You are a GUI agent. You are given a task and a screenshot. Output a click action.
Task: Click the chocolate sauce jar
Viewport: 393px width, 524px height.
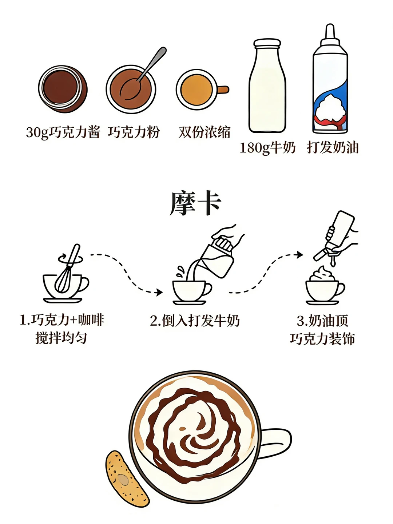[63, 89]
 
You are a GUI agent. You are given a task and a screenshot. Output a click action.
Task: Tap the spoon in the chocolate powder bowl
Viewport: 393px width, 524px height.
[143, 74]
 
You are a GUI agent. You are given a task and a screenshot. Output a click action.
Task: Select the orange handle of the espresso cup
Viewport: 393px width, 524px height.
[223, 90]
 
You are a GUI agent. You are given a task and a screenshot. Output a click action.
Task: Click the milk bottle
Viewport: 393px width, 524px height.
[267, 86]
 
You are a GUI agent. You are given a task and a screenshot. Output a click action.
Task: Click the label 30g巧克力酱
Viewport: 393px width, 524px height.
[63, 132]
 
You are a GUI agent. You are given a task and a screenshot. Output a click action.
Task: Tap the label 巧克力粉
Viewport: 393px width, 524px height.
[134, 132]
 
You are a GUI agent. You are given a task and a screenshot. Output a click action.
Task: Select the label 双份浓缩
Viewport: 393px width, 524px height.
[204, 132]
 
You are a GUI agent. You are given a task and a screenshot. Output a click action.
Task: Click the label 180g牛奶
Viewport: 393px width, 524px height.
[267, 147]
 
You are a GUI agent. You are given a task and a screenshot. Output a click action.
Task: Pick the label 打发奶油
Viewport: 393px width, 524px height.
[332, 147]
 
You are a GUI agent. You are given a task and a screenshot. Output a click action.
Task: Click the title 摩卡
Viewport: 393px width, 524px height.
[195, 203]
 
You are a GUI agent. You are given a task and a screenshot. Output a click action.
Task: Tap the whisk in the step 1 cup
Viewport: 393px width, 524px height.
[67, 269]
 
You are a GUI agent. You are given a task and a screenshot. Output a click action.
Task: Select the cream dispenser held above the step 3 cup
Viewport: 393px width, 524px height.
[334, 235]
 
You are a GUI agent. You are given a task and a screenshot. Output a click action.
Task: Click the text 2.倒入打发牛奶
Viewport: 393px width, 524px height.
[194, 321]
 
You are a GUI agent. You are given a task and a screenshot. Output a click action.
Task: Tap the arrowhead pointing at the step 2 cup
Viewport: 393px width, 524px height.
[159, 292]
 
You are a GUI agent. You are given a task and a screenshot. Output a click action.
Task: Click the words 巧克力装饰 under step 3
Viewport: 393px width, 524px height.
[322, 338]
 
